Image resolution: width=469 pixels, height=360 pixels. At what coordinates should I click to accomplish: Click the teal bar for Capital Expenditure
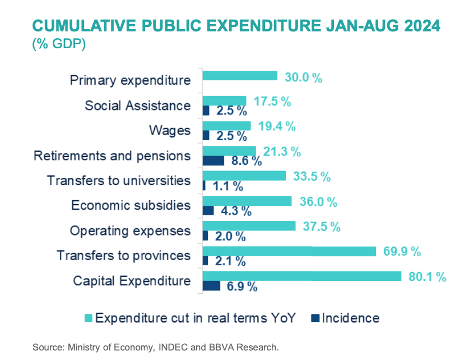301,276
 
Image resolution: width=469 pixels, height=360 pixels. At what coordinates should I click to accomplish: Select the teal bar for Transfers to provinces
289,251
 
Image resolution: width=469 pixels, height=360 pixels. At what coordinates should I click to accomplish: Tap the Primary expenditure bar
240,76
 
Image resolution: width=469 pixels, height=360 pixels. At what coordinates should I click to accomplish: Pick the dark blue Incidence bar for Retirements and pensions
213,161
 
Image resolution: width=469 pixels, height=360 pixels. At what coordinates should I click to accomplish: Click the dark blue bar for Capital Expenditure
211,286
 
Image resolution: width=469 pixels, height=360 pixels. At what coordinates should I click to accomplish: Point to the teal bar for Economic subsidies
247,201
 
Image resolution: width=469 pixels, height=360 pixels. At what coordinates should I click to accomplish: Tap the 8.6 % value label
246,161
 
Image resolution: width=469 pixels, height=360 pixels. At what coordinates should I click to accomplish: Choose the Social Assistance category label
137,105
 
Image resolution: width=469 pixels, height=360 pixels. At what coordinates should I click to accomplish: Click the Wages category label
169,131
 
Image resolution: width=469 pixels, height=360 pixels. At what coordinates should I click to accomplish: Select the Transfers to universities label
119,181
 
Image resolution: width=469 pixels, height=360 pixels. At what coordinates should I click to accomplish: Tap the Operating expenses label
130,230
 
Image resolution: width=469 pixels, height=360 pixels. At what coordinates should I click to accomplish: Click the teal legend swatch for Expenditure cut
88,319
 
